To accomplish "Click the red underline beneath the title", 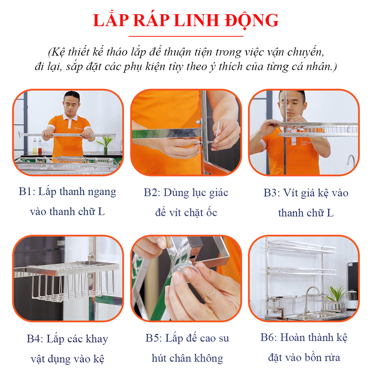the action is [x=186, y=36].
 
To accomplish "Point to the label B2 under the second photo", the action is [x=150, y=193].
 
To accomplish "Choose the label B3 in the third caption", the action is [x=270, y=193].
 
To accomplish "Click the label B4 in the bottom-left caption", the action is [x=33, y=339].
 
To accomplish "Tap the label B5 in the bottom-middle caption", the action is [x=152, y=338].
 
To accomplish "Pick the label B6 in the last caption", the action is [x=267, y=337].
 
